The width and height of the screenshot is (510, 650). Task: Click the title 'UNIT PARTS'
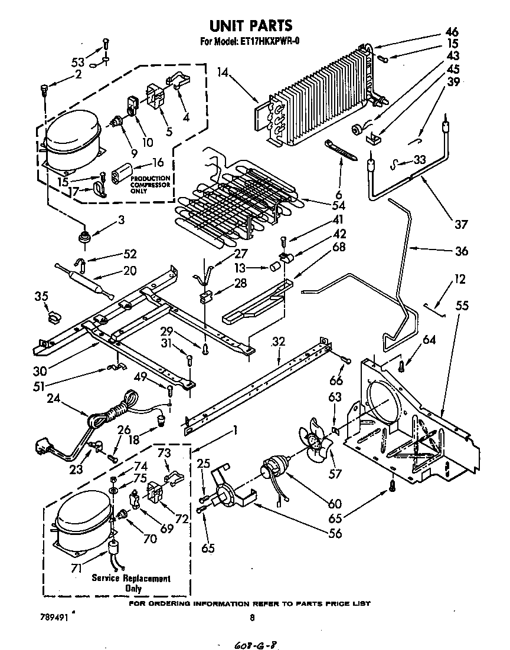coord(251,25)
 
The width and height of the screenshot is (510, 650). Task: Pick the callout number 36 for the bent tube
coord(461,251)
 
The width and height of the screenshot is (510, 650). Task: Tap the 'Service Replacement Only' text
coord(131,583)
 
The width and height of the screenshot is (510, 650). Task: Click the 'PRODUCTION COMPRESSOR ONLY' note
coord(150,185)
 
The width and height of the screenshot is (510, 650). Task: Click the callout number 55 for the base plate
coord(462,306)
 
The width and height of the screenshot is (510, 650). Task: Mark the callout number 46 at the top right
coord(452,31)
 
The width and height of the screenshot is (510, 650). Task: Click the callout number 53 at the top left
coord(78,62)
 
